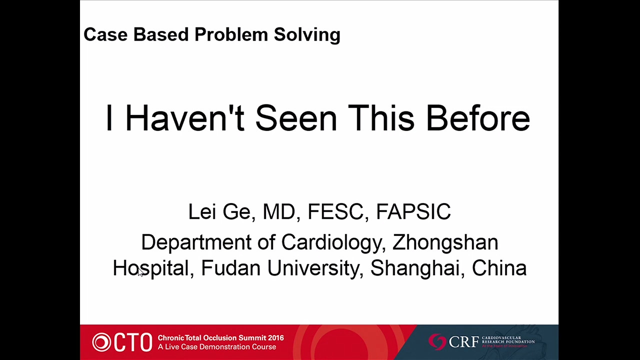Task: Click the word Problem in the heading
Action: click(x=231, y=34)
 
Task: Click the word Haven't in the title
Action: click(x=184, y=117)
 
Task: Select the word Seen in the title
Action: click(x=296, y=117)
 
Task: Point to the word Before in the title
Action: click(x=478, y=117)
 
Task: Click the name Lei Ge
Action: click(x=219, y=211)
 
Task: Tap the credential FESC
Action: click(x=336, y=211)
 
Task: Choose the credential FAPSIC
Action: click(x=413, y=211)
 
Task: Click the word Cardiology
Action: click(x=331, y=242)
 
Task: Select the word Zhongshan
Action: click(x=445, y=241)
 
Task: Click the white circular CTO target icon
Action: click(x=101, y=342)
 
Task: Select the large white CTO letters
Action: click(x=133, y=342)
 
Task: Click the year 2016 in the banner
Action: click(x=275, y=337)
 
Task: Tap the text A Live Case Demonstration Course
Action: click(x=217, y=347)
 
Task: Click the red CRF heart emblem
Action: click(x=437, y=341)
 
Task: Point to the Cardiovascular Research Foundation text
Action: click(x=508, y=339)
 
